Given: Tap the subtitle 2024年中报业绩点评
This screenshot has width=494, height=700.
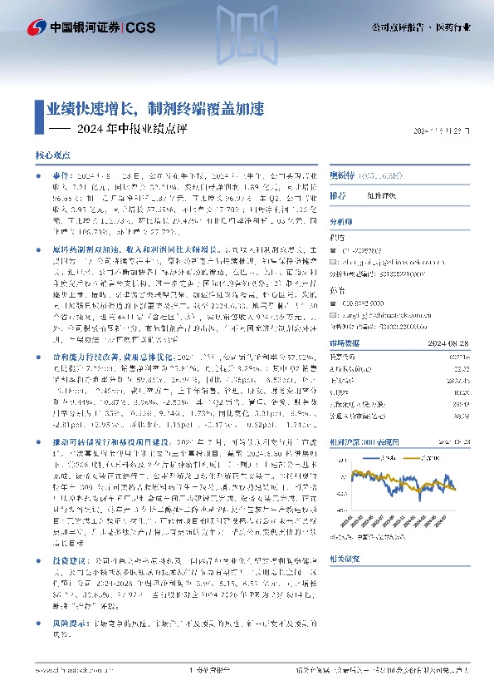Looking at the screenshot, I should coord(133,129).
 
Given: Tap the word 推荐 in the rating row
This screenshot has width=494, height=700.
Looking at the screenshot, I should coord(338,196).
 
